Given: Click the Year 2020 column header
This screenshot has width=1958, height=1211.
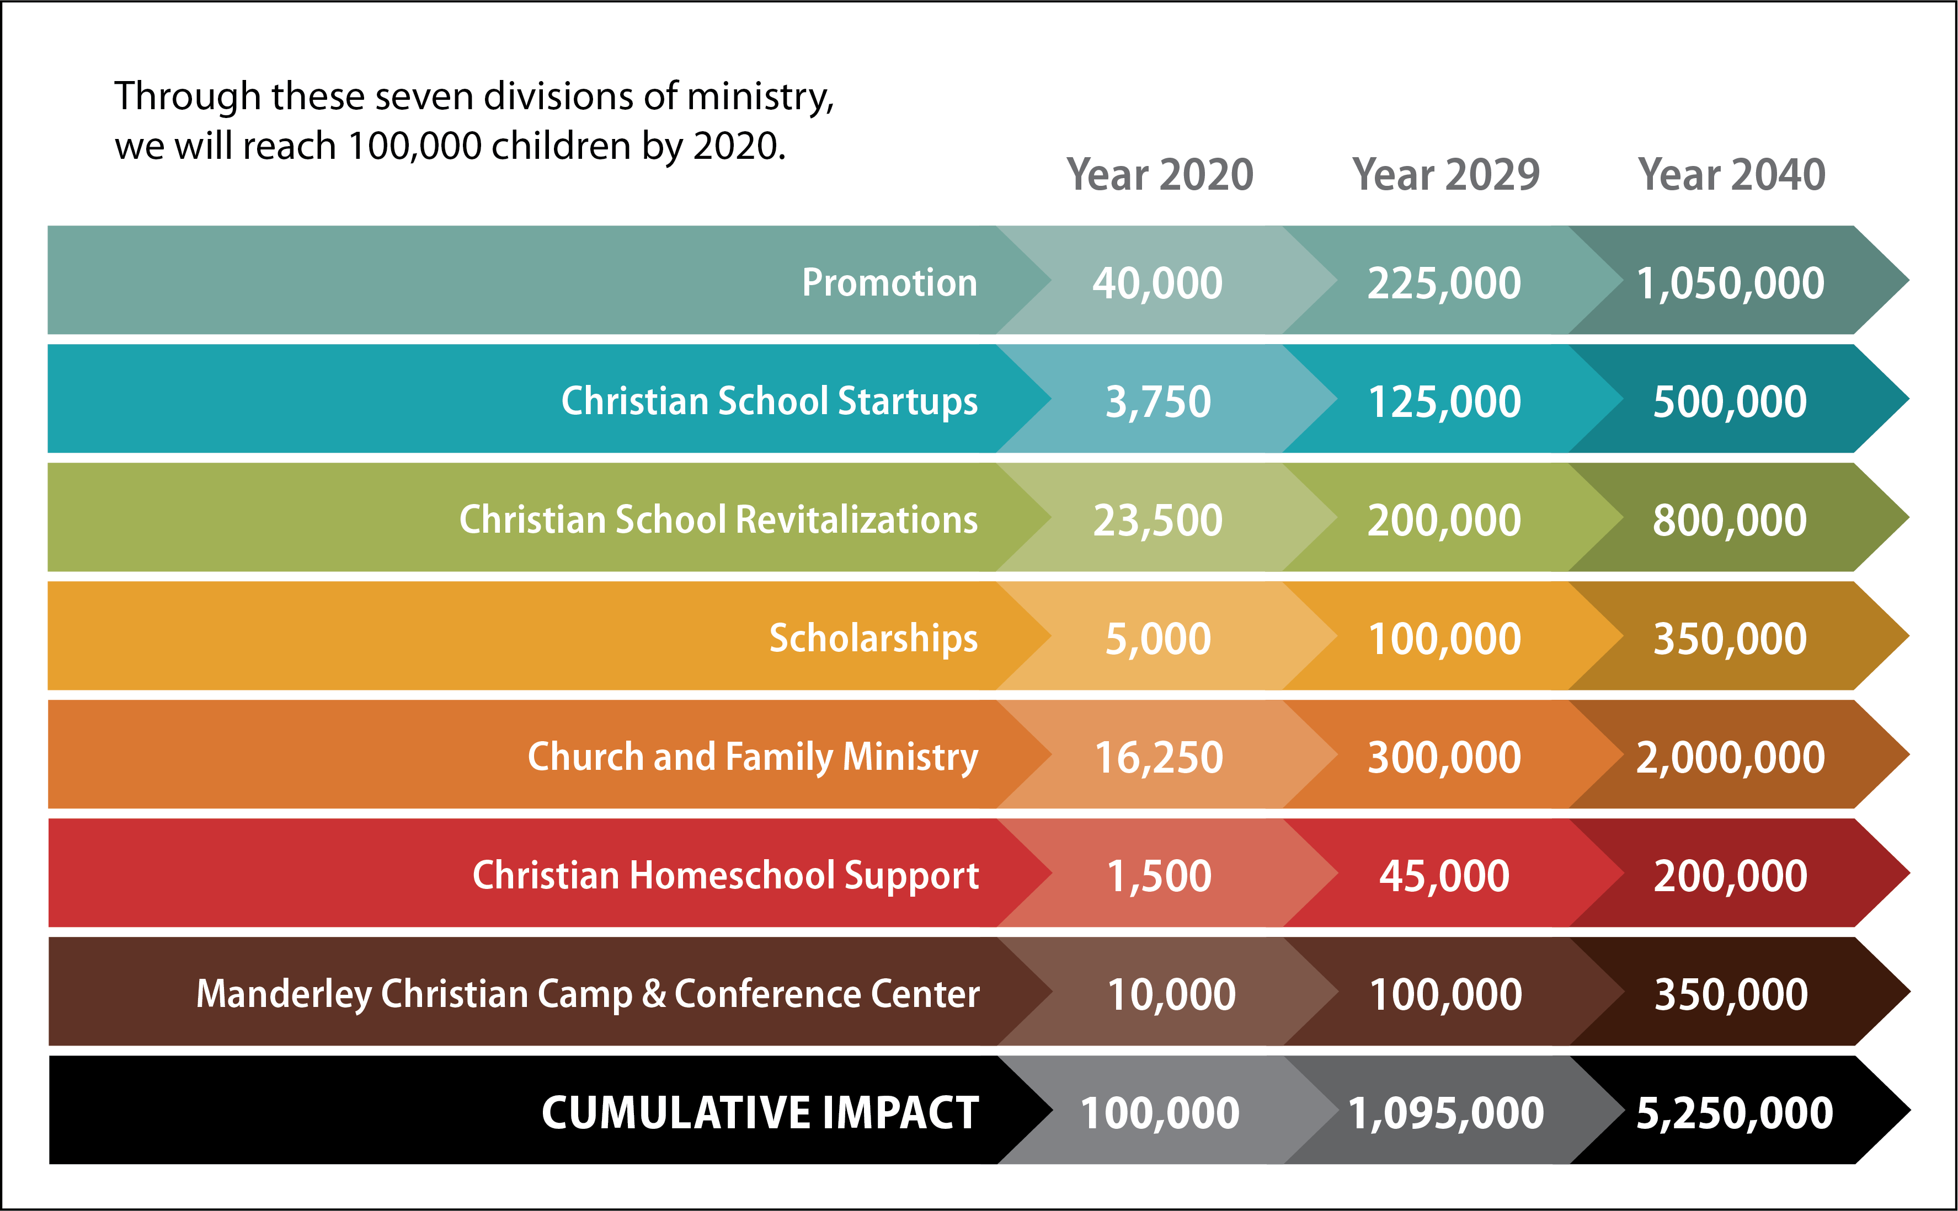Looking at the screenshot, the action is point(1159,175).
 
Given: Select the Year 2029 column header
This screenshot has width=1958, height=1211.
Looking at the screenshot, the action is point(1445,175).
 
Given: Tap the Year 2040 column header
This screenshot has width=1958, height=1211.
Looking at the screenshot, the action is point(1731,175).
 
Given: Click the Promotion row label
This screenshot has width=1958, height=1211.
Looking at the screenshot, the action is point(889,282).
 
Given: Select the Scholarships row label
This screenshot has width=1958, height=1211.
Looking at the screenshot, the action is point(873,639).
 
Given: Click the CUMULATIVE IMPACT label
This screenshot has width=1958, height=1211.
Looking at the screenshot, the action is point(760,1112).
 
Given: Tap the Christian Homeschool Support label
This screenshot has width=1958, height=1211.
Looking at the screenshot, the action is point(725,875).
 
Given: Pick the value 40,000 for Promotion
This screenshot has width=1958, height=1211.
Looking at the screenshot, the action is point(1157,283).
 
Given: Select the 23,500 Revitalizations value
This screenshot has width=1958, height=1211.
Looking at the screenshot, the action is point(1157,521).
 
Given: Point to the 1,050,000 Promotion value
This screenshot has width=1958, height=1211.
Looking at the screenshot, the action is point(1731,283).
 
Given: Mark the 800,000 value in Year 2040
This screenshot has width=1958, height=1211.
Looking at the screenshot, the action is point(1731,521).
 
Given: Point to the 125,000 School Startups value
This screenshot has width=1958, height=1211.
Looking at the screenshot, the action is point(1444,402).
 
